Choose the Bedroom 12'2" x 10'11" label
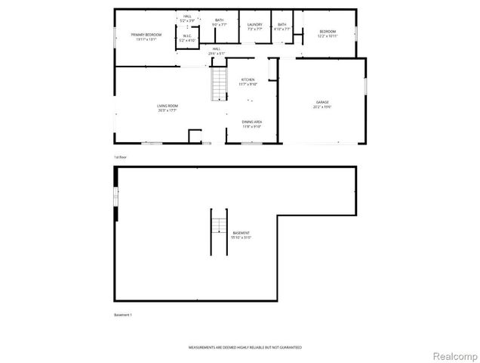327,33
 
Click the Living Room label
167,107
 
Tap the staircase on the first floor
218,83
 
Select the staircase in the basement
217,226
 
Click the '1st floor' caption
119,157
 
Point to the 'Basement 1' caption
122,315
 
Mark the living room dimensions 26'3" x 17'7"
167,110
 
